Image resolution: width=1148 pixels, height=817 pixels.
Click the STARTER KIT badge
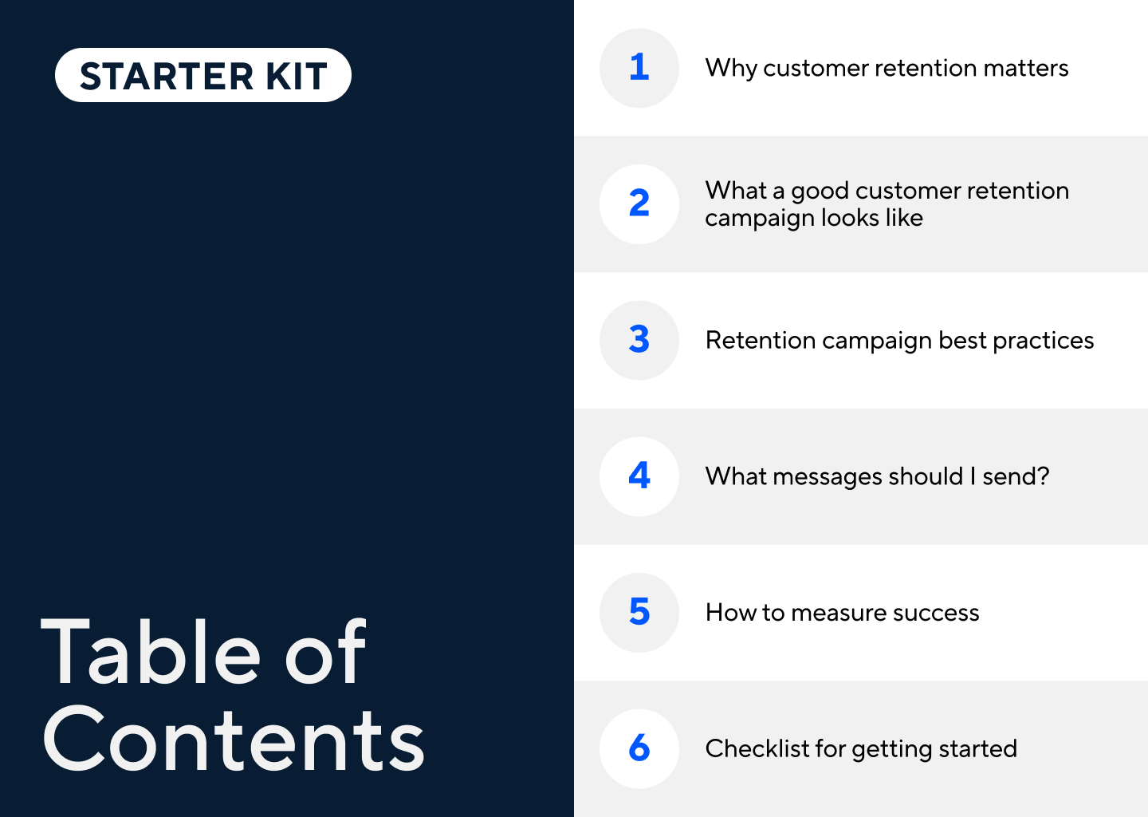tap(203, 76)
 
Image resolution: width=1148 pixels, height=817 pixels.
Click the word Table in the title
tap(151, 653)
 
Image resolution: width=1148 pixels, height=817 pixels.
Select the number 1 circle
tap(639, 68)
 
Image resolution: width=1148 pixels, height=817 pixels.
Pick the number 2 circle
tap(639, 204)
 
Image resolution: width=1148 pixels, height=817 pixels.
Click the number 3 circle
tap(639, 341)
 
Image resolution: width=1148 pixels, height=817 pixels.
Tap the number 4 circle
tap(639, 476)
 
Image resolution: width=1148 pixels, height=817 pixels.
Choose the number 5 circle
tap(639, 613)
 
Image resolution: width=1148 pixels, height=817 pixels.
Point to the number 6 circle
tap(639, 749)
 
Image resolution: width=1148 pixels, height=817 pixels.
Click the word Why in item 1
tap(730, 69)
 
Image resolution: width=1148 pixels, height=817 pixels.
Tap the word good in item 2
tap(820, 191)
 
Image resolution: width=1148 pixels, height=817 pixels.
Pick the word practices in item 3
tap(1043, 341)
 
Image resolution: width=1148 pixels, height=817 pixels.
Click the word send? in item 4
tap(1015, 477)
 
